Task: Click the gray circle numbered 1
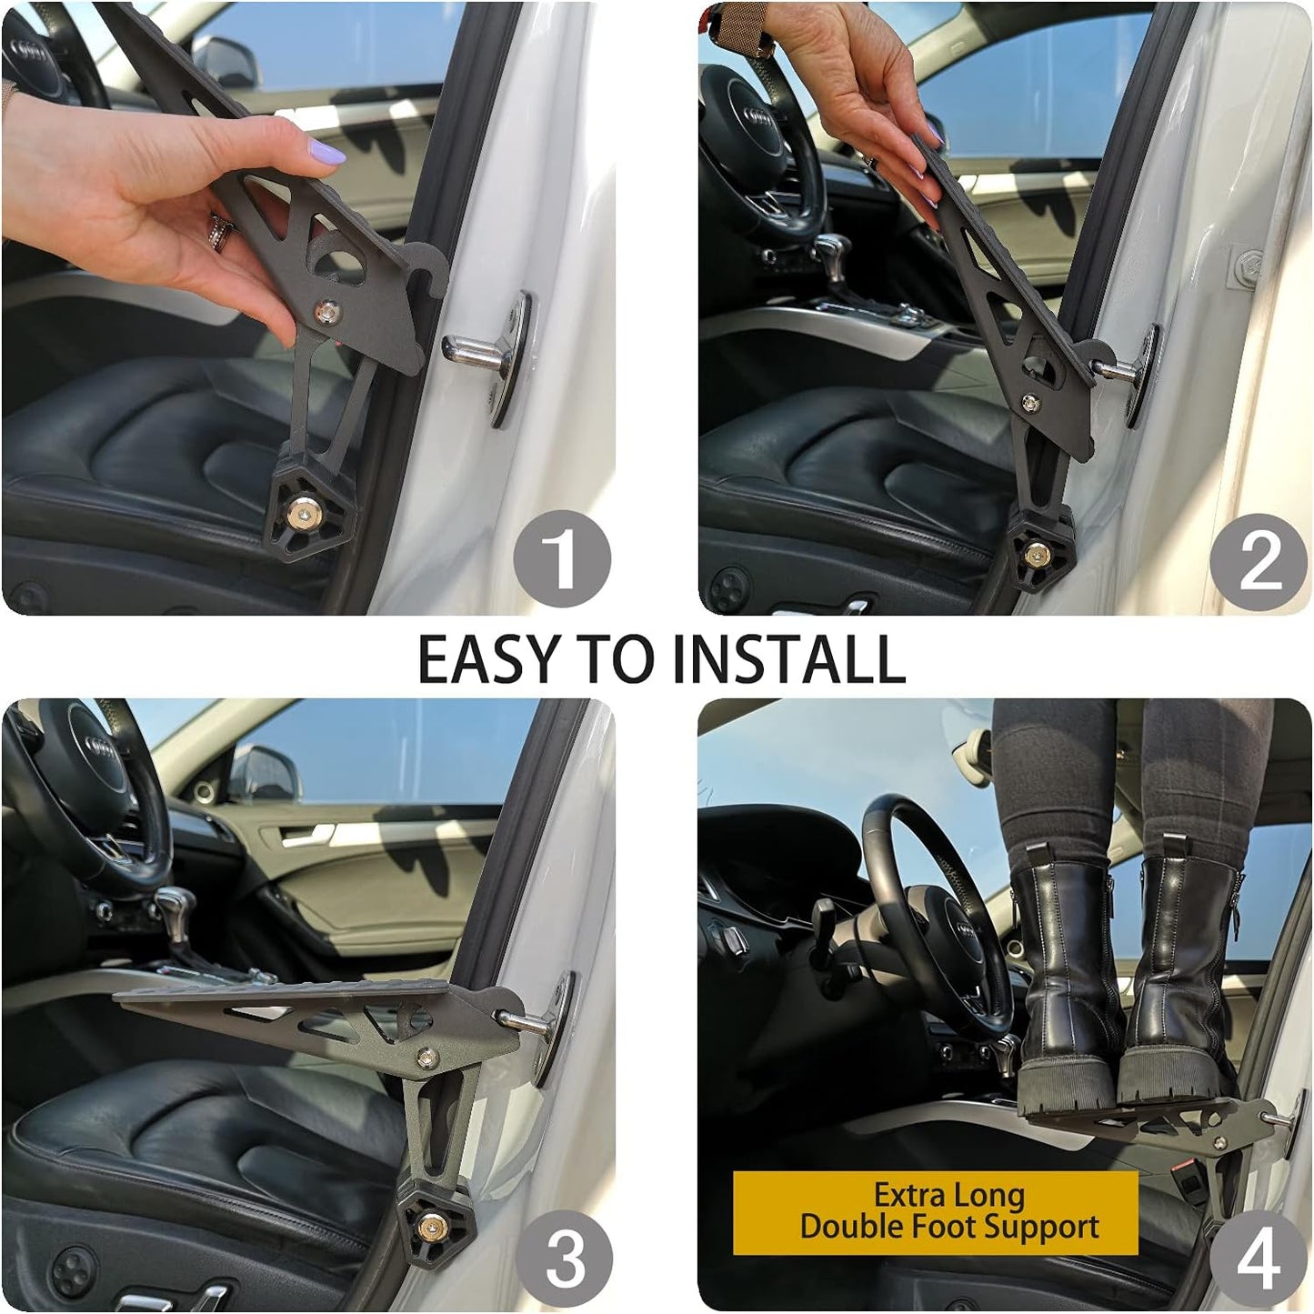tap(561, 558)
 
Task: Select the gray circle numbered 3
tap(564, 1259)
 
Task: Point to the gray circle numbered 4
tap(1258, 1260)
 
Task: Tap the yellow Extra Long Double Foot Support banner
tap(936, 1212)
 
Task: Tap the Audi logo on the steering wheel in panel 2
tap(759, 121)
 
